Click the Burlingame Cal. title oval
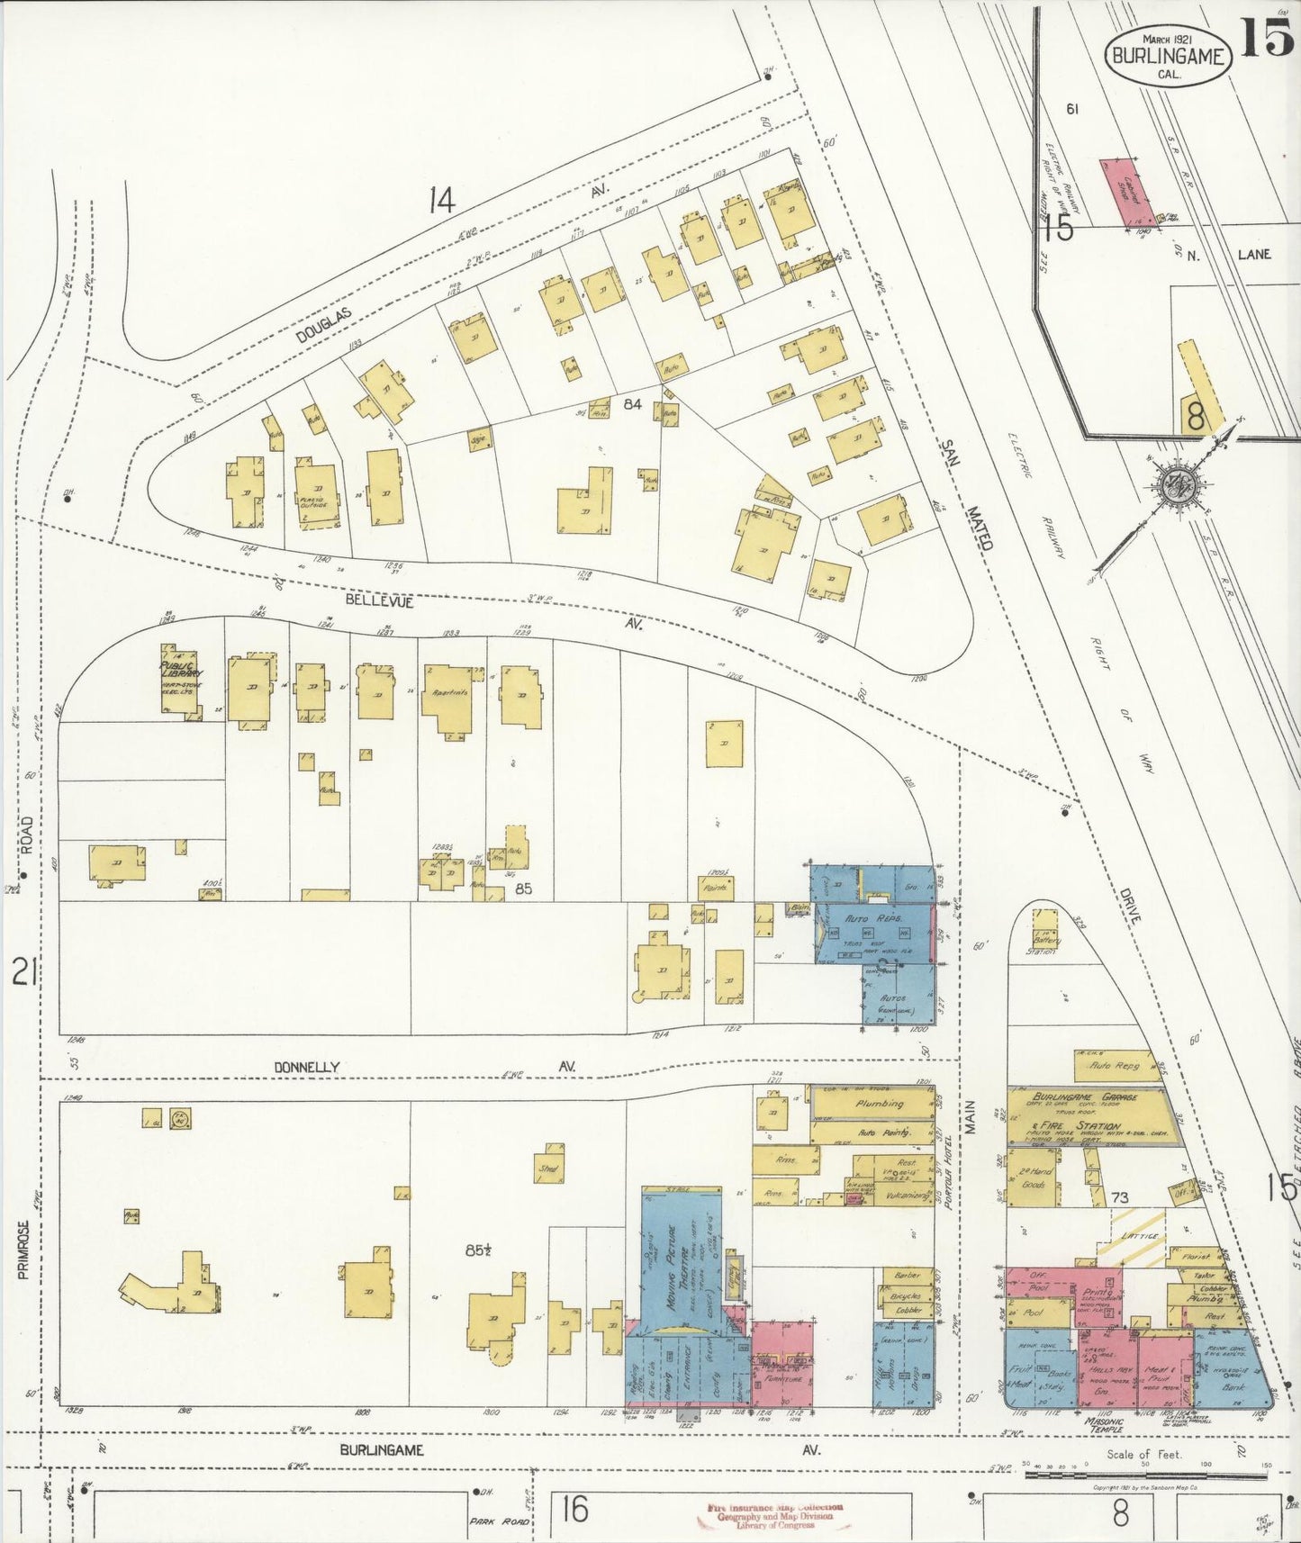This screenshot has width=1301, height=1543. [x=1167, y=56]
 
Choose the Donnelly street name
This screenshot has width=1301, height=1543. [x=307, y=1067]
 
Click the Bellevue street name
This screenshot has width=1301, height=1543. [x=378, y=601]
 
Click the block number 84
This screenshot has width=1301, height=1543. [x=632, y=405]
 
